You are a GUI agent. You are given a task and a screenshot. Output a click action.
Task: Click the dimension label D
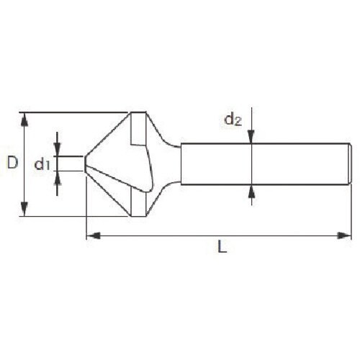click(12, 162)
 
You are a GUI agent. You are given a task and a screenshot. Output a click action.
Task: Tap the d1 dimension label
click(42, 164)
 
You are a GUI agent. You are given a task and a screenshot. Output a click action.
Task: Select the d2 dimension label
click(233, 120)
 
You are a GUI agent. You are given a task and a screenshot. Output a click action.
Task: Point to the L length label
click(222, 247)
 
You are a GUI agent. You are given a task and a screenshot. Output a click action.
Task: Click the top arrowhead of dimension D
click(24, 120)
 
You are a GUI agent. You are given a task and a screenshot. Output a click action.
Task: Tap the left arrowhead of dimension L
click(93, 235)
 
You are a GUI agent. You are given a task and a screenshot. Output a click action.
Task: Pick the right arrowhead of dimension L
click(344, 235)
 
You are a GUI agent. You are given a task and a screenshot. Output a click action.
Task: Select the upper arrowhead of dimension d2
click(251, 137)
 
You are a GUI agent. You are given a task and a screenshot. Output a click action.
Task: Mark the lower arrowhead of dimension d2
click(251, 192)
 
